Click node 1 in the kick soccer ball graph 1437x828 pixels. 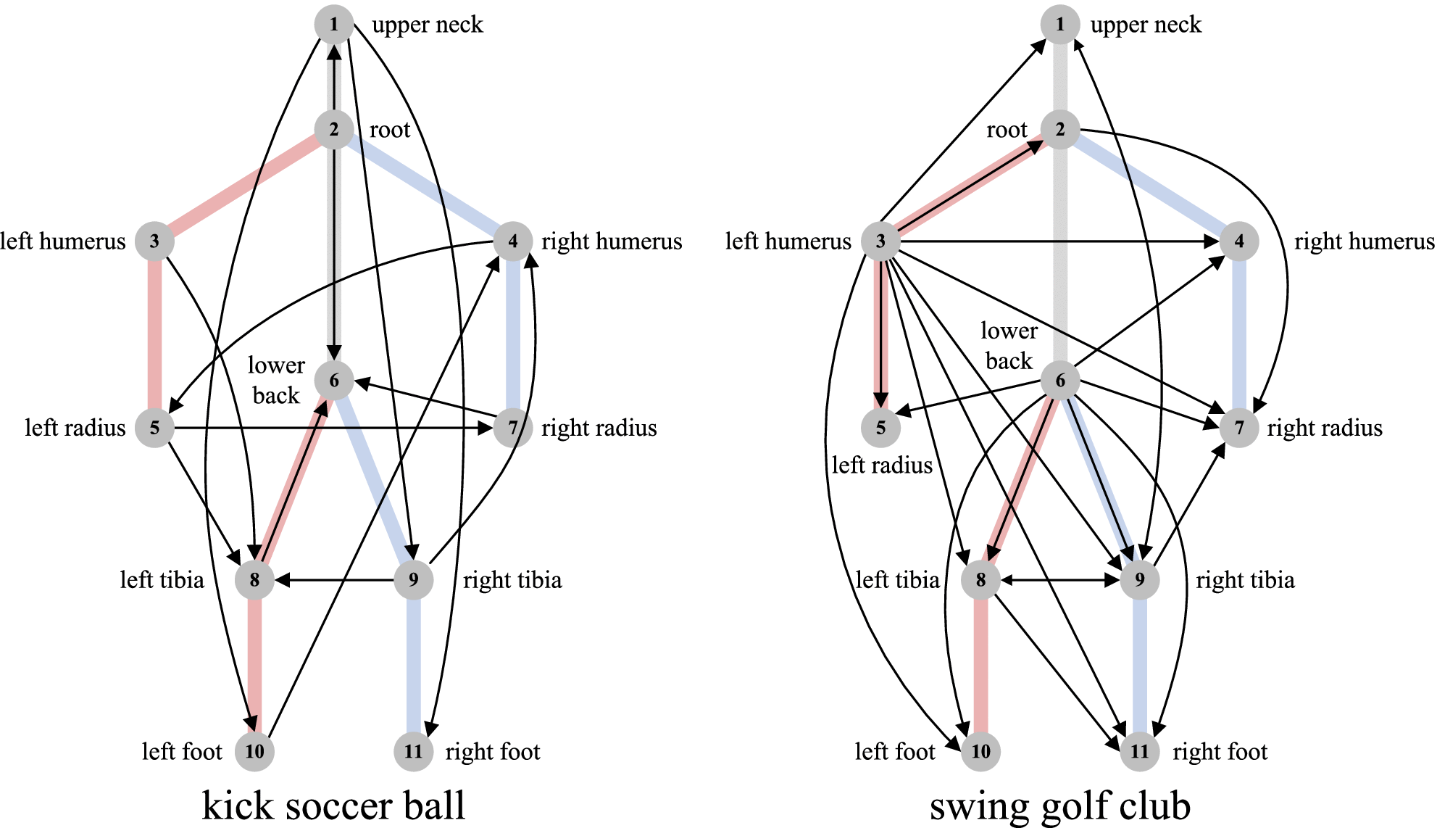[x=333, y=24]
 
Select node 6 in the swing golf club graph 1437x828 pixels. [x=1059, y=380]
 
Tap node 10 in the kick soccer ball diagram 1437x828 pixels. [x=254, y=751]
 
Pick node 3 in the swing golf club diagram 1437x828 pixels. [x=880, y=241]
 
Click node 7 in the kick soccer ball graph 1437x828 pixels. [x=513, y=428]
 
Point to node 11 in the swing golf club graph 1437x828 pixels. [x=1139, y=751]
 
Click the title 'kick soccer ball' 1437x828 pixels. [x=333, y=805]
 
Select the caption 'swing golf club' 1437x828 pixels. [x=1059, y=805]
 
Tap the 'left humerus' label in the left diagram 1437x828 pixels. [x=63, y=241]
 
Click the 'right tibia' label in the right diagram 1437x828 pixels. [x=1245, y=580]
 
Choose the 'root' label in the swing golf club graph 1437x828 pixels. [x=1007, y=130]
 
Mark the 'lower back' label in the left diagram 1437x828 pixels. [x=276, y=380]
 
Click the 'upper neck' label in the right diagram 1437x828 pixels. [x=1146, y=25]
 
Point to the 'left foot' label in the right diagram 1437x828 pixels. [x=895, y=751]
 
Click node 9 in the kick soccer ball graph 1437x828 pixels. [x=413, y=580]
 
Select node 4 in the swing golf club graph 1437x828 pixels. [x=1238, y=241]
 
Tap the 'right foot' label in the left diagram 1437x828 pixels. [x=493, y=751]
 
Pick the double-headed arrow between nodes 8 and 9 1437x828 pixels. [x=1059, y=580]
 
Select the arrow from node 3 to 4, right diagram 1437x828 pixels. [x=1058, y=241]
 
